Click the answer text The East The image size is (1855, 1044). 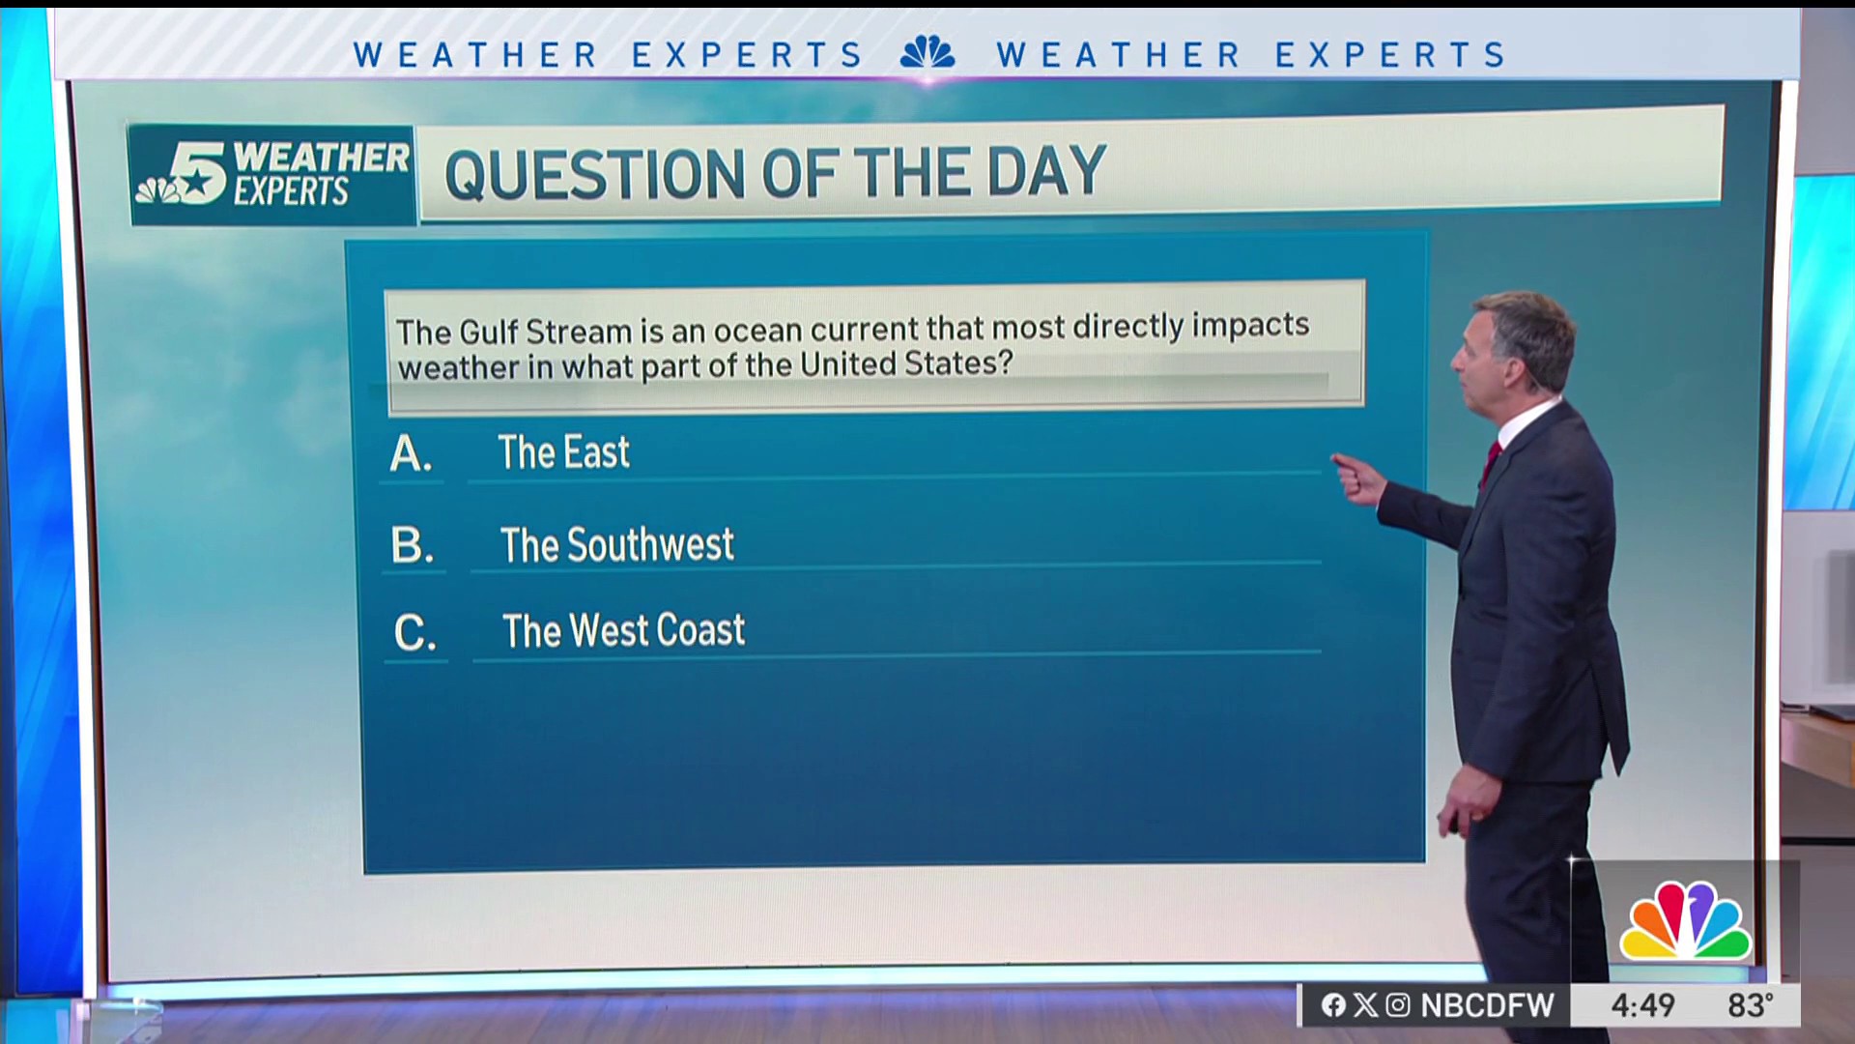(x=563, y=452)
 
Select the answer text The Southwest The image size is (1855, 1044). (x=616, y=544)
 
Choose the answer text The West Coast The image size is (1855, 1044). (x=623, y=630)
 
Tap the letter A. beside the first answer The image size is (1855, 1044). (x=411, y=453)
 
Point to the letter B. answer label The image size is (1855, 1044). (x=413, y=545)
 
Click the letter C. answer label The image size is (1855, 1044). (x=415, y=633)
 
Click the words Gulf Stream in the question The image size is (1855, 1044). (x=545, y=332)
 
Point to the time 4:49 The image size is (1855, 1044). (x=1642, y=1005)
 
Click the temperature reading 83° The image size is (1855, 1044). (x=1751, y=1005)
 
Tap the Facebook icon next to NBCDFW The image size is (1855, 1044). (x=1333, y=1005)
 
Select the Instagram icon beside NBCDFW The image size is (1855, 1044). (x=1398, y=1005)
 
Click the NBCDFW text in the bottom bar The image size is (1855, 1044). (x=1487, y=1005)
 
